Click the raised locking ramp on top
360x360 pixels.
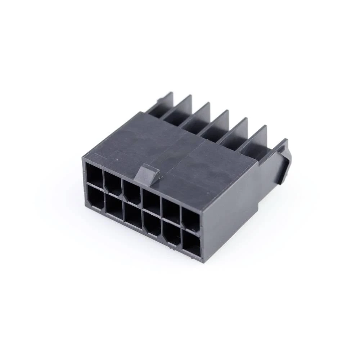coord(148,172)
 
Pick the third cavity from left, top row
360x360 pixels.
coord(132,192)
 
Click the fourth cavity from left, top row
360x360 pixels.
coord(151,202)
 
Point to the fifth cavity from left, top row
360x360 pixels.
coord(171,211)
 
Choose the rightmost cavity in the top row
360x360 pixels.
coord(190,220)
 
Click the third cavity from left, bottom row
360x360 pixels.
coord(133,216)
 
